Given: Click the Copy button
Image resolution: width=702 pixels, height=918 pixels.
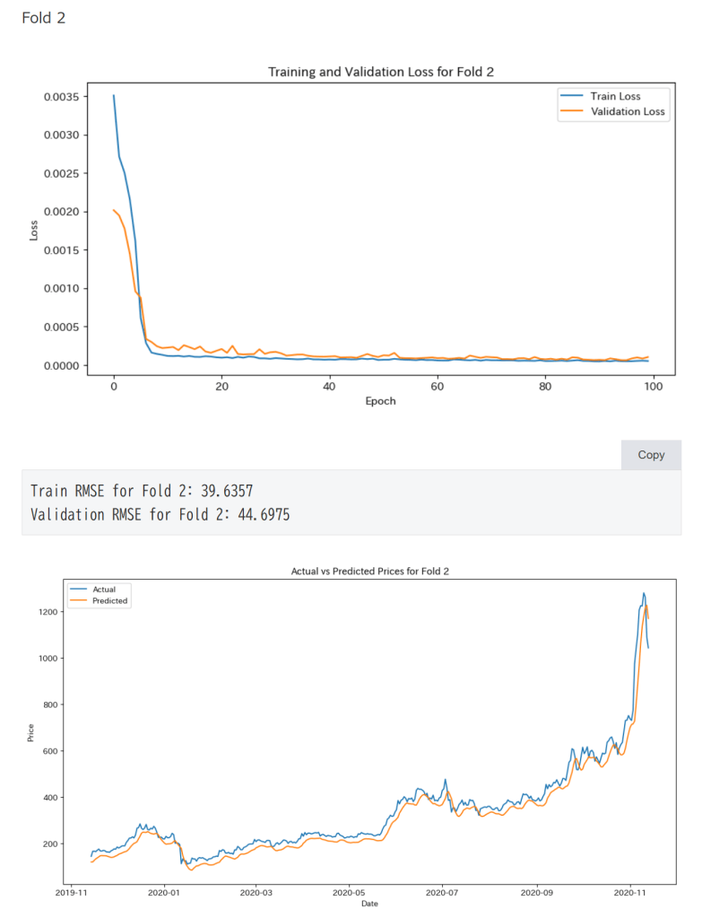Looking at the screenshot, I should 651,455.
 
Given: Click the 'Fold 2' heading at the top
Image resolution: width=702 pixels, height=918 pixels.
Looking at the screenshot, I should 43,18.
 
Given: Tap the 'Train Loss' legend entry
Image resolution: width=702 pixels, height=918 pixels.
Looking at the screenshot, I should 615,96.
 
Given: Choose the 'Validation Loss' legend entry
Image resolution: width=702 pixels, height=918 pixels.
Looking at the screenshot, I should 628,112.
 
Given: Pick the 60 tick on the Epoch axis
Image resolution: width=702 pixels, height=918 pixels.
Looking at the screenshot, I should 437,386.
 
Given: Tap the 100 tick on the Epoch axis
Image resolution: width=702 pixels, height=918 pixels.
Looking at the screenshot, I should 653,386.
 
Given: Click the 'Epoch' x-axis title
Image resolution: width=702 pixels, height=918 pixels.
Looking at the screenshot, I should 380,401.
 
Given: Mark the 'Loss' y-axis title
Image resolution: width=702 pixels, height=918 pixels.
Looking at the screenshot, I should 34,231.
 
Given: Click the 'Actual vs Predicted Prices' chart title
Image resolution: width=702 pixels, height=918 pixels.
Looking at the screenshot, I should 368,572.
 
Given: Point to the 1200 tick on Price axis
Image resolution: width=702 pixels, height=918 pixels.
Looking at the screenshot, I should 48,612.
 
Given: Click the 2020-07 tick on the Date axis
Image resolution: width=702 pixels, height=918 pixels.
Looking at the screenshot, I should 443,893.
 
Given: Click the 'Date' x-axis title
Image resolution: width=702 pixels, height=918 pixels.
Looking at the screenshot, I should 369,904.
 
